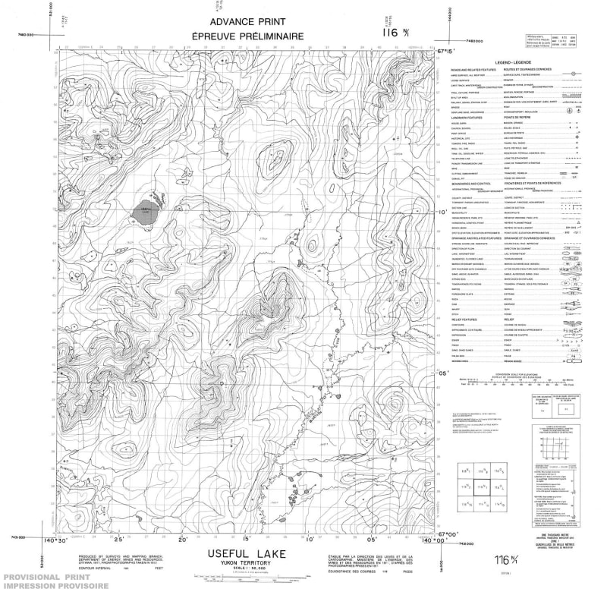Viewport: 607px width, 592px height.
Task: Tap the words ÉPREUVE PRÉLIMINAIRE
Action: tap(258, 36)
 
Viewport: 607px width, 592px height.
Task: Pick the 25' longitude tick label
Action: tap(118, 540)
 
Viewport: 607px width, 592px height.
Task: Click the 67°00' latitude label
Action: tap(450, 535)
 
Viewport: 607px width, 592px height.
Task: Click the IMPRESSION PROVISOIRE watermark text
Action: tap(49, 587)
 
